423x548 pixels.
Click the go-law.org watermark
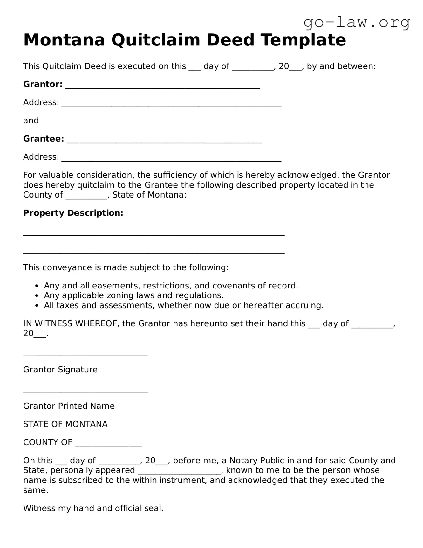click(357, 23)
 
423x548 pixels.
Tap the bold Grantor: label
click(43, 84)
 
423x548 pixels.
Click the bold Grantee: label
click(44, 139)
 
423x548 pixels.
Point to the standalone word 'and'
click(31, 121)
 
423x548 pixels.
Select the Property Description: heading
click(73, 213)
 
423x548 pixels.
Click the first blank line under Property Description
click(154, 234)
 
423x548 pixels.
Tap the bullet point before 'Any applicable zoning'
click(37, 296)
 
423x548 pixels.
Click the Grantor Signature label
click(60, 370)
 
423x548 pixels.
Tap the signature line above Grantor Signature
click(85, 355)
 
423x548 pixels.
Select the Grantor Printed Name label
click(69, 406)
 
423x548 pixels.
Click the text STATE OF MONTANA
click(65, 424)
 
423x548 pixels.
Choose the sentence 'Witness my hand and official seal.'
click(93, 509)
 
